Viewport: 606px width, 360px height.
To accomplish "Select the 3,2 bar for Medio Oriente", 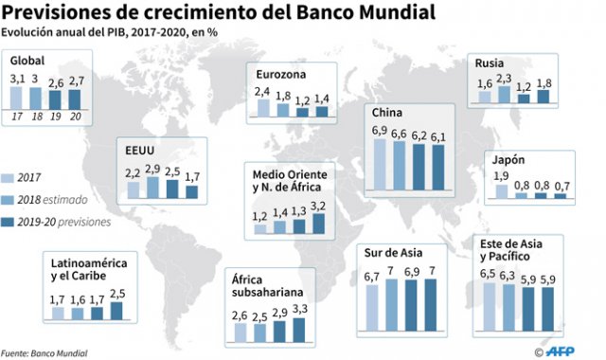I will pyautogui.click(x=318, y=224).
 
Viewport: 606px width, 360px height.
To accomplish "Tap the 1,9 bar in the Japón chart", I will pyautogui.click(x=502, y=192).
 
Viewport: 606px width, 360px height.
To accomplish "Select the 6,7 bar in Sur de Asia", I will pyautogui.click(x=371, y=311).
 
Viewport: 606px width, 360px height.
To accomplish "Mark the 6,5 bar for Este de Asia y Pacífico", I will pyautogui.click(x=489, y=311).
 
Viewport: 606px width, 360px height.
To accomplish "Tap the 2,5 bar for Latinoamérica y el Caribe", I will pyautogui.click(x=116, y=310).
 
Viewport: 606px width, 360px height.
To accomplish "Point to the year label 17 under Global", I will pyautogui.click(x=16, y=117).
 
